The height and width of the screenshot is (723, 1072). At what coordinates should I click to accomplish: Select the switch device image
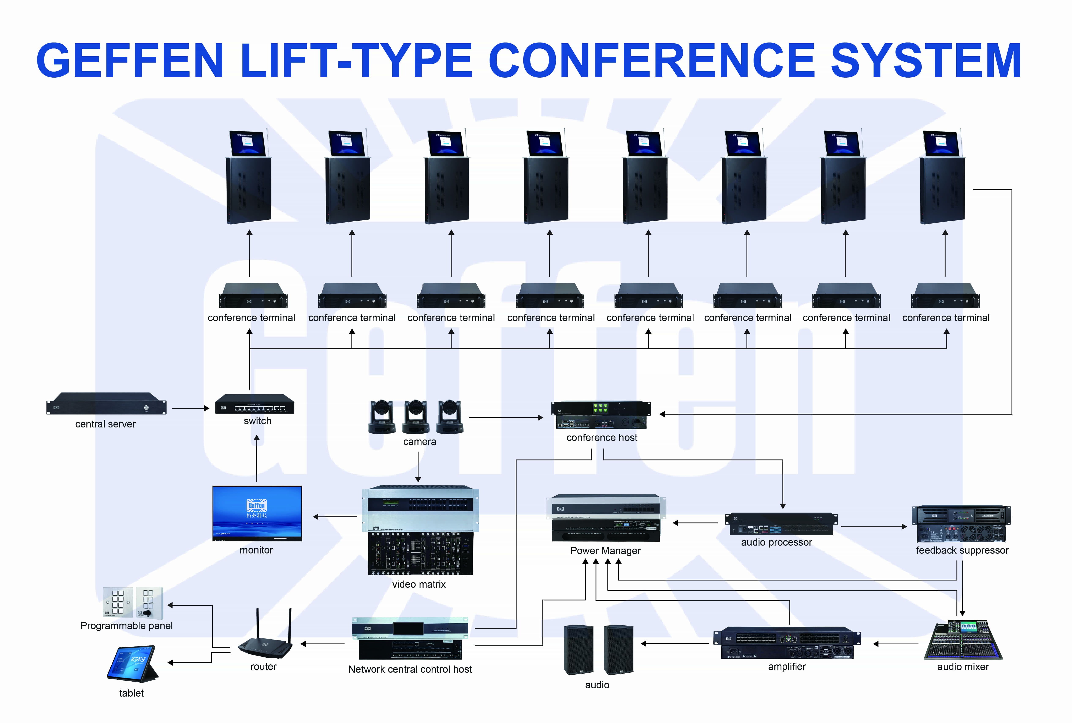tap(254, 404)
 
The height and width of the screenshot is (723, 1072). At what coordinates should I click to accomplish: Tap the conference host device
tap(601, 415)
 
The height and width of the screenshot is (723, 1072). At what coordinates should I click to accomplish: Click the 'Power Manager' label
tap(605, 550)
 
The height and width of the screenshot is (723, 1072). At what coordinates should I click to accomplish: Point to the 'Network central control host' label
tap(410, 669)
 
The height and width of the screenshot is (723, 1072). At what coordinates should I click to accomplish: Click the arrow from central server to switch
tap(190, 408)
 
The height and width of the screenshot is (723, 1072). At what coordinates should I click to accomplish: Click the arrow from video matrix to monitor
tap(335, 517)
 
